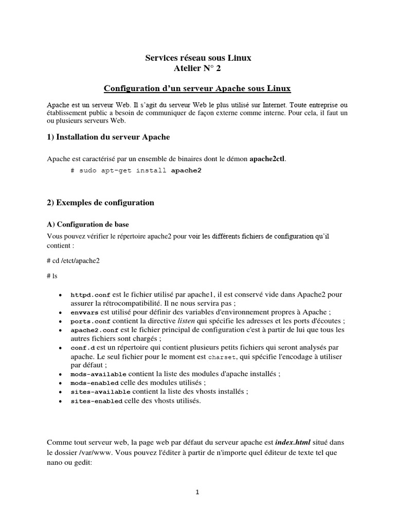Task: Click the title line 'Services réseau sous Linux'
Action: pyautogui.click(x=197, y=58)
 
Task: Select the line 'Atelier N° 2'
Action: pyautogui.click(x=197, y=68)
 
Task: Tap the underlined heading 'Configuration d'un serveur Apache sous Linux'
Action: pyautogui.click(x=197, y=89)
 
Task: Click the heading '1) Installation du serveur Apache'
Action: pyautogui.click(x=108, y=137)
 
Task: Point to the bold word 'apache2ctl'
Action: pyautogui.click(x=267, y=159)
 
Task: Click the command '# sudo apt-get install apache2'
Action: pyautogui.click(x=136, y=170)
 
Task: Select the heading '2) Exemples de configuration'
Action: pyautogui.click(x=100, y=203)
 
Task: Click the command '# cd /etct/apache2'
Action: pyautogui.click(x=73, y=260)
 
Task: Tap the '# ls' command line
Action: pyautogui.click(x=52, y=276)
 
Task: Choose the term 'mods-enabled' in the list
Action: pyautogui.click(x=95, y=383)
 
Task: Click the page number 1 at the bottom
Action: pyautogui.click(x=197, y=492)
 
